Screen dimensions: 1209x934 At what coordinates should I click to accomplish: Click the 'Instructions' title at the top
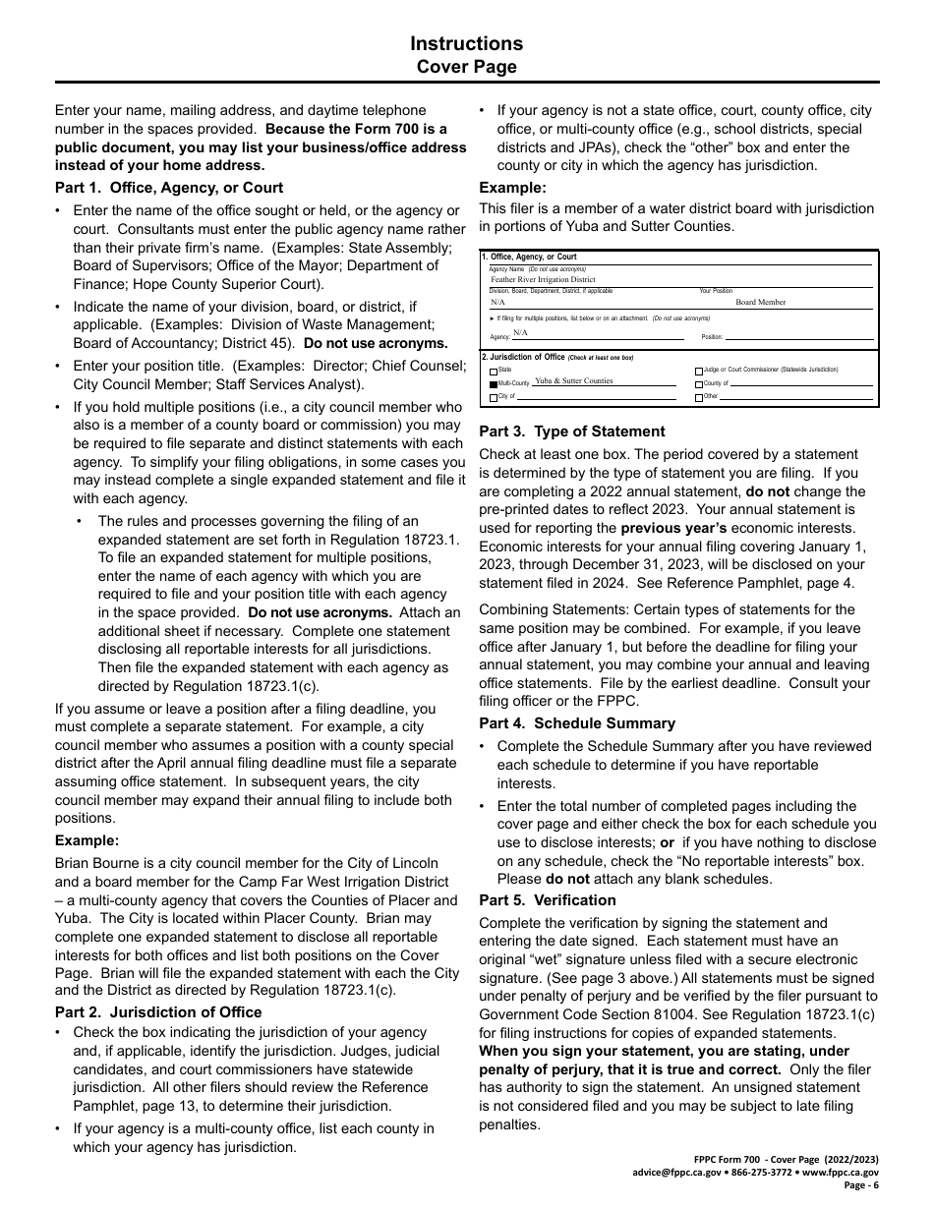tap(466, 43)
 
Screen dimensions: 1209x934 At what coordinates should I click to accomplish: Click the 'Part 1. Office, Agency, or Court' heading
tap(168, 188)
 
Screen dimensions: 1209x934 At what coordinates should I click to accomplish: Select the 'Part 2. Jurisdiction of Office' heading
tap(158, 1012)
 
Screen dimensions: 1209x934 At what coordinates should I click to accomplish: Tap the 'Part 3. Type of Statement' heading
tap(571, 432)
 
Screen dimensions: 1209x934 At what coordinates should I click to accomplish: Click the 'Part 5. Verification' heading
tap(547, 900)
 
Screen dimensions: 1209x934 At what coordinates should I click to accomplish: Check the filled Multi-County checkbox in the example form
tap(494, 383)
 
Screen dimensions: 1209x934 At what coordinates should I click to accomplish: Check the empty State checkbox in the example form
tap(494, 371)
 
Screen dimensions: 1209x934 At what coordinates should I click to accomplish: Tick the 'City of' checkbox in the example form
tap(494, 397)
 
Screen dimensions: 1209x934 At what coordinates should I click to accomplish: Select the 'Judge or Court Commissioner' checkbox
tap(699, 371)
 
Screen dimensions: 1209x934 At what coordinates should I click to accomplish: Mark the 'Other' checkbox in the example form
tap(699, 398)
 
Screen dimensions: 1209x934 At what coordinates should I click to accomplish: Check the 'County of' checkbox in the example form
tap(699, 384)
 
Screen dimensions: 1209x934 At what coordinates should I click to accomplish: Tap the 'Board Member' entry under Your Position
tap(760, 303)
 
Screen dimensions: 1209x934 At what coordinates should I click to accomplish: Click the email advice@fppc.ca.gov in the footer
tap(678, 1173)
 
